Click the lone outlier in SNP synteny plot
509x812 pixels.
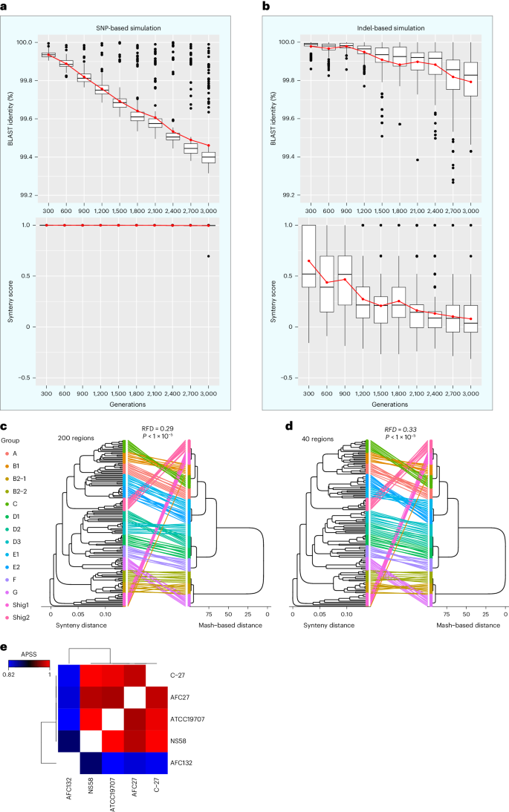click(209, 256)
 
